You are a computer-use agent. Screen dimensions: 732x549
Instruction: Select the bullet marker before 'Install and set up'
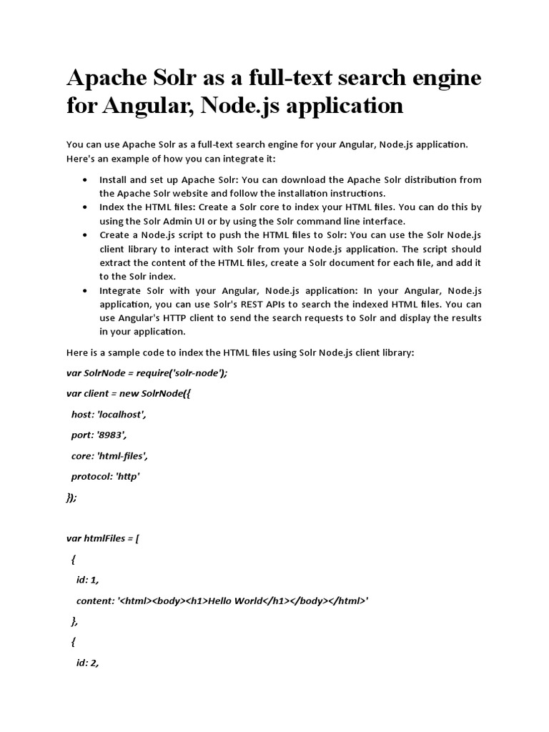(x=86, y=180)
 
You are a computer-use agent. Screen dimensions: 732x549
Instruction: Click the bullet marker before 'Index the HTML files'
(x=86, y=207)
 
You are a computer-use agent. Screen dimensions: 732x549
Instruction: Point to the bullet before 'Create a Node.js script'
(x=86, y=235)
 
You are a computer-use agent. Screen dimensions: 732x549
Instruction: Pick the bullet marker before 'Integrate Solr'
(x=86, y=291)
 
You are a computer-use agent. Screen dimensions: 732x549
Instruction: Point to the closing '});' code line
(x=71, y=497)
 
